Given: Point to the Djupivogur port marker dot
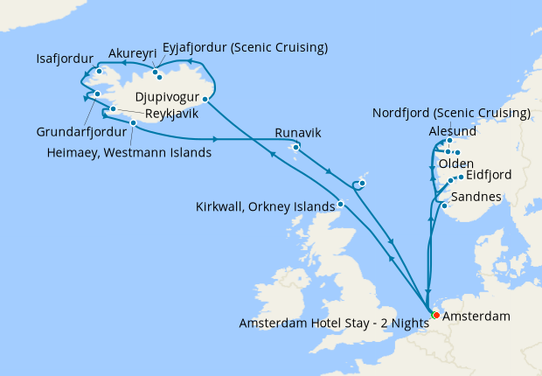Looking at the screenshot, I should pos(205,99).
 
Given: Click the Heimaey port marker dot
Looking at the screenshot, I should pos(133,123).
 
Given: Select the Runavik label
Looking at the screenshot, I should pos(299,132).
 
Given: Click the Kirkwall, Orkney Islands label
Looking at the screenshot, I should pos(265,206).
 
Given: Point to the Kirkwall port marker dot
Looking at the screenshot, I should pos(341,204).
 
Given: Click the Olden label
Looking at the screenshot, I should pos(456,164).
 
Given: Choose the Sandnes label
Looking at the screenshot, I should pos(477,197).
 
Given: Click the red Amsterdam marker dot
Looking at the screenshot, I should pos(435,315).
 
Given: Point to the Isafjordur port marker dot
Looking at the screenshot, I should pos(101,72).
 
